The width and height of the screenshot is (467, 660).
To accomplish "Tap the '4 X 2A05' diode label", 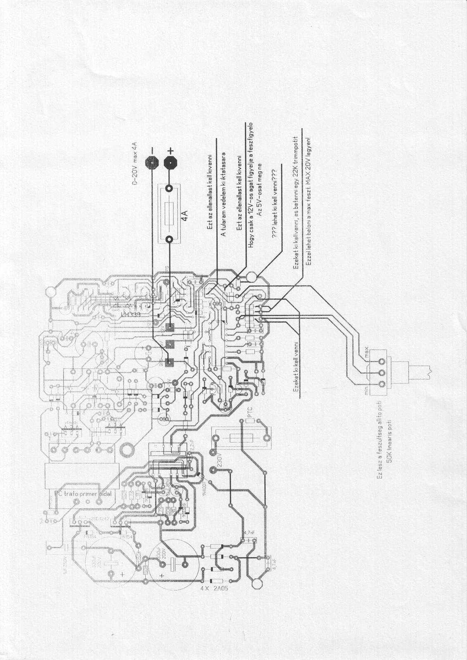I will tap(213, 589).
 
